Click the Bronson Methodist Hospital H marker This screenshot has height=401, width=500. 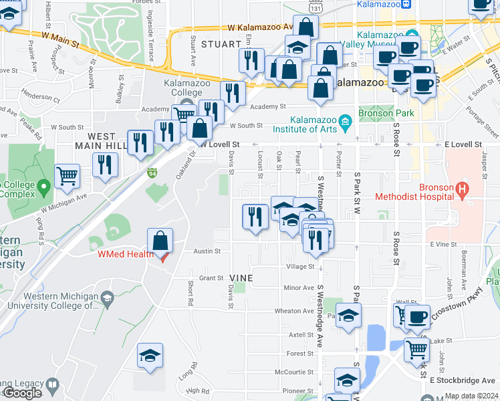(x=461, y=190)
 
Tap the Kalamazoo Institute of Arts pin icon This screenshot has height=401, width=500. (x=345, y=121)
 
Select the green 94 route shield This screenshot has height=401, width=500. (x=152, y=173)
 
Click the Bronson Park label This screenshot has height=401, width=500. (x=386, y=113)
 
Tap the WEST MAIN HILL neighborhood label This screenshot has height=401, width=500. (x=106, y=140)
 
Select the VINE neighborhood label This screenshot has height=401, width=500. (x=241, y=277)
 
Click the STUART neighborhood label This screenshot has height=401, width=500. (x=220, y=44)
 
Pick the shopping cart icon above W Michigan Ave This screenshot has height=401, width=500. (x=67, y=176)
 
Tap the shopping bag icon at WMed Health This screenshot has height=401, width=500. (x=160, y=241)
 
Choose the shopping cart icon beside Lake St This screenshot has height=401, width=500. (x=416, y=348)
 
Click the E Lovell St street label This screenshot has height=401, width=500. (x=463, y=144)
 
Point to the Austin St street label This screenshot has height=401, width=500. (x=207, y=251)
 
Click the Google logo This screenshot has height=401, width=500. (x=22, y=393)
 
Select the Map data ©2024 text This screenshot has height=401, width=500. (x=471, y=396)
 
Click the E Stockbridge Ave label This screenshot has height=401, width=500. (x=464, y=380)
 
